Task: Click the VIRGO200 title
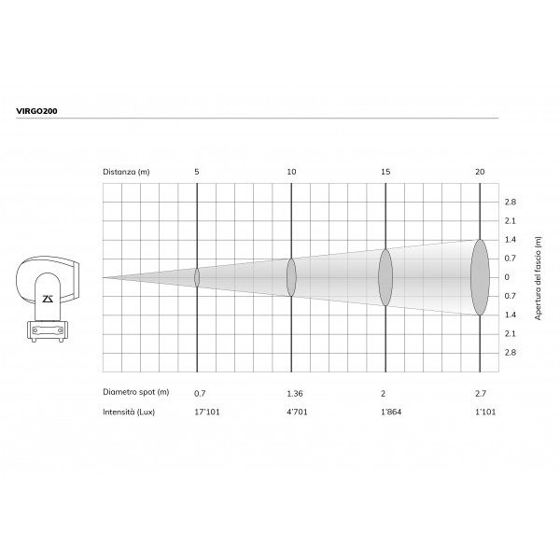tap(36, 111)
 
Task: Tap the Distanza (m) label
tap(126, 172)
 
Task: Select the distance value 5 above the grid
tap(197, 172)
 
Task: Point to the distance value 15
tap(385, 172)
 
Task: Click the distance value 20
tap(480, 172)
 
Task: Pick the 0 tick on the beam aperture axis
tap(507, 277)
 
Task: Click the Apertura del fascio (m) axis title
tap(538, 278)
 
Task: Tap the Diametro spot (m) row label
tap(135, 392)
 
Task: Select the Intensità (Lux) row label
tap(129, 413)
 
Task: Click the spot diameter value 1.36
tap(295, 394)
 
